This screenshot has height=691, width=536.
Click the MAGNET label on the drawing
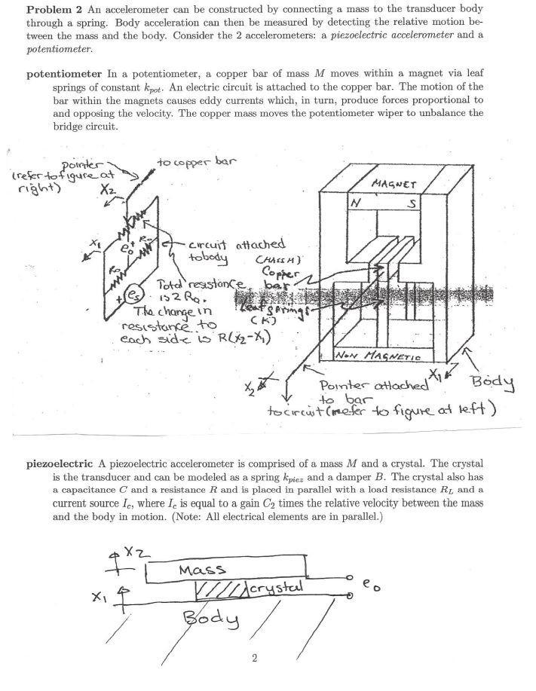(x=395, y=184)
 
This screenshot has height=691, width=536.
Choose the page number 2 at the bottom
(x=255, y=659)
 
